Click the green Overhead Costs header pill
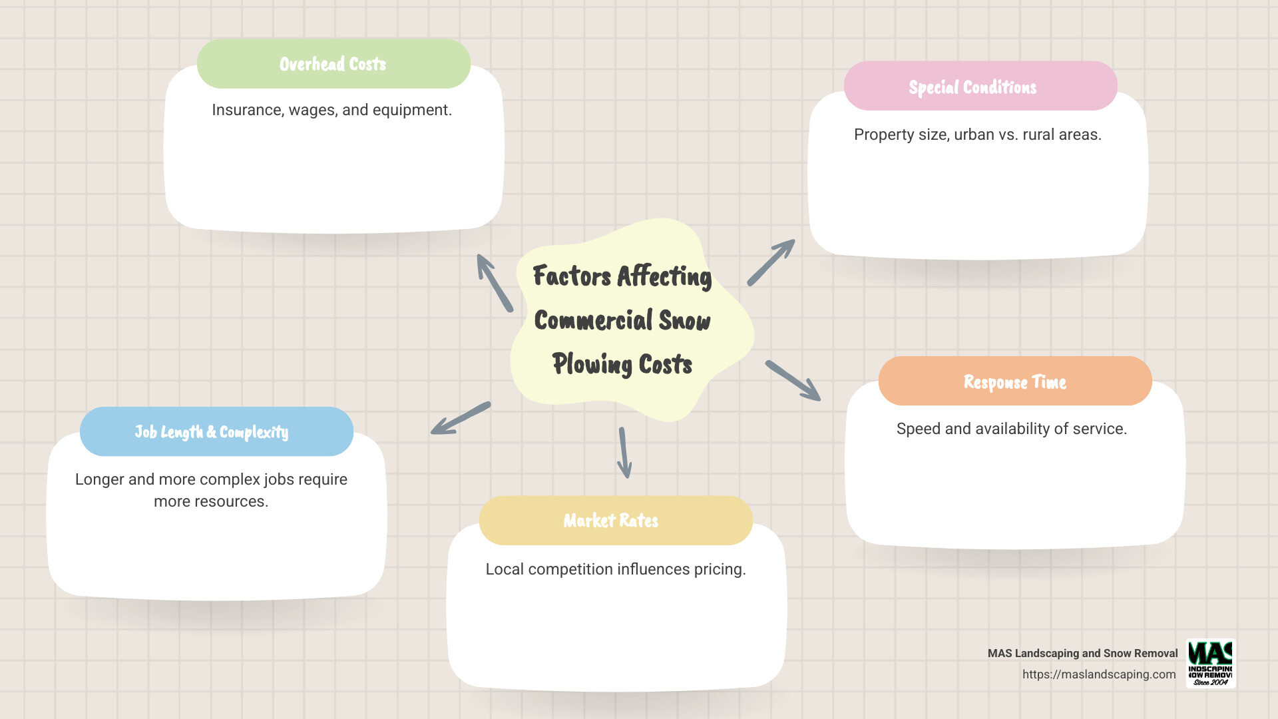[333, 64]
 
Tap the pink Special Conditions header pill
[980, 87]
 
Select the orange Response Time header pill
[1014, 381]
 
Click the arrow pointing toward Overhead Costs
[495, 283]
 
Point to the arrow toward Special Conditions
[771, 263]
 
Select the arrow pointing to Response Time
[793, 381]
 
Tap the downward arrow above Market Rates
[624, 453]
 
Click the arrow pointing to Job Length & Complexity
[461, 418]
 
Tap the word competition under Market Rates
[570, 569]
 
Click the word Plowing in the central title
[592, 365]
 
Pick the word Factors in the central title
[572, 276]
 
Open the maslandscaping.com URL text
[1099, 674]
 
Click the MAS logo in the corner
[1211, 663]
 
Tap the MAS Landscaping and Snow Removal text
[1082, 653]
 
